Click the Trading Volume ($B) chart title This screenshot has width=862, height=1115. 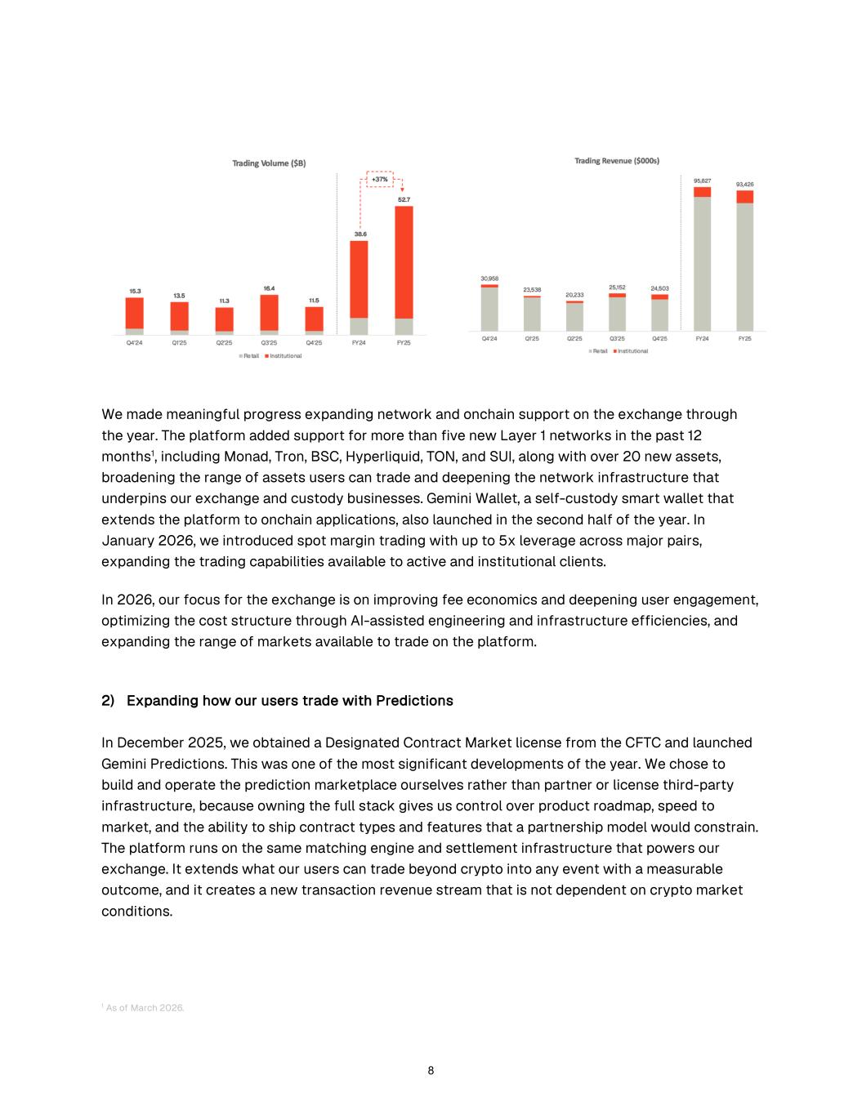coord(269,163)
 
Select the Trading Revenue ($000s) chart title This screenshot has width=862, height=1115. coord(617,161)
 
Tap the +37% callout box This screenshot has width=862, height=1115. coord(380,179)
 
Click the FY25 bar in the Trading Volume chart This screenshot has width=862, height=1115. coord(404,270)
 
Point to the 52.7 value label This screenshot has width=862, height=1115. coord(404,199)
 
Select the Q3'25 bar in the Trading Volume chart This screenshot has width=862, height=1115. coord(269,314)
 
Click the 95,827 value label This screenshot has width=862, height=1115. coord(702,181)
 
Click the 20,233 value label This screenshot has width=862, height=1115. coord(574,295)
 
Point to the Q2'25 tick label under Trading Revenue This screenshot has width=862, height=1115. coord(574,338)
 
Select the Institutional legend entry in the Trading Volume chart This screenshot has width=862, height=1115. coord(284,356)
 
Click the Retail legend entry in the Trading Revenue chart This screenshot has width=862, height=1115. coord(599,351)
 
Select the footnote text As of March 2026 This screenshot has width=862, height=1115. coord(145,1008)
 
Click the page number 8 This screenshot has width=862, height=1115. coord(431,1071)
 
